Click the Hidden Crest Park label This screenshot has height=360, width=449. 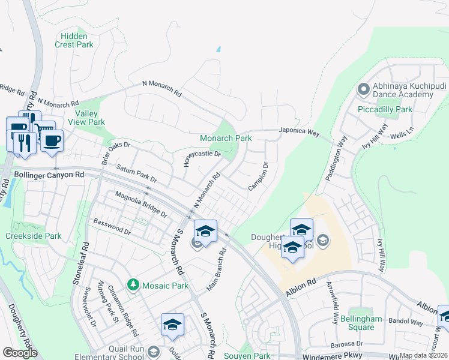click(74, 40)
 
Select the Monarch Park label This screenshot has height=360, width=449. click(226, 138)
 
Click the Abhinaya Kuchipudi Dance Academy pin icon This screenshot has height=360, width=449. click(363, 90)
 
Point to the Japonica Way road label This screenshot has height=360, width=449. click(298, 133)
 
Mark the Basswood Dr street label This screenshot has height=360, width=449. click(112, 226)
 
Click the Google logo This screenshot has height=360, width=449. click(20, 353)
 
